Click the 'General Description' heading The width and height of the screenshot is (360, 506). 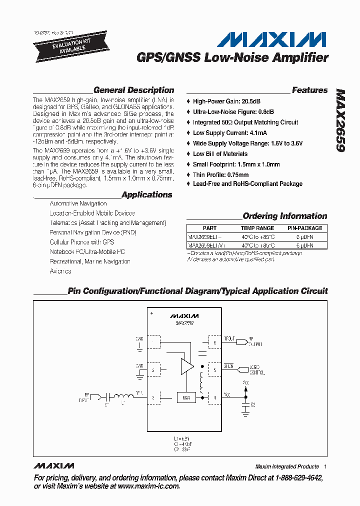click(x=133, y=90)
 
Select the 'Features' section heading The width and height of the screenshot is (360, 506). click(x=309, y=90)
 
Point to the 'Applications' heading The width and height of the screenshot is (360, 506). click(x=146, y=195)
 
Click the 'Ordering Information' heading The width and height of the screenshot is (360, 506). click(x=284, y=216)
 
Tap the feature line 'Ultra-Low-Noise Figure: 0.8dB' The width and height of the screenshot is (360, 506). click(x=233, y=112)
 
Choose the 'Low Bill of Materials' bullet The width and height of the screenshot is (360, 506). click(x=220, y=154)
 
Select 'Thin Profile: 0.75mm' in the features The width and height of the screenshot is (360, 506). click(x=220, y=175)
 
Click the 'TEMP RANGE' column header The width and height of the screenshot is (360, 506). click(x=257, y=228)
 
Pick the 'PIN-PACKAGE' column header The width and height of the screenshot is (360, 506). click(x=304, y=228)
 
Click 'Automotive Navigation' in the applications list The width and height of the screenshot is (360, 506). click(x=78, y=203)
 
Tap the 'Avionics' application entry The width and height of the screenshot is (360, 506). click(x=60, y=271)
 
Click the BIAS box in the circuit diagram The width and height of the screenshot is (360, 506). click(x=186, y=398)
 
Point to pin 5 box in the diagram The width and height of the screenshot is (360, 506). click(x=214, y=370)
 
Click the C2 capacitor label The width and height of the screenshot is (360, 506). click(x=253, y=404)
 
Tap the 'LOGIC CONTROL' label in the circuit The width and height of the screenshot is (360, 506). click(x=257, y=370)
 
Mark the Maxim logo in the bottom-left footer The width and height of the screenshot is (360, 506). click(x=53, y=466)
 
